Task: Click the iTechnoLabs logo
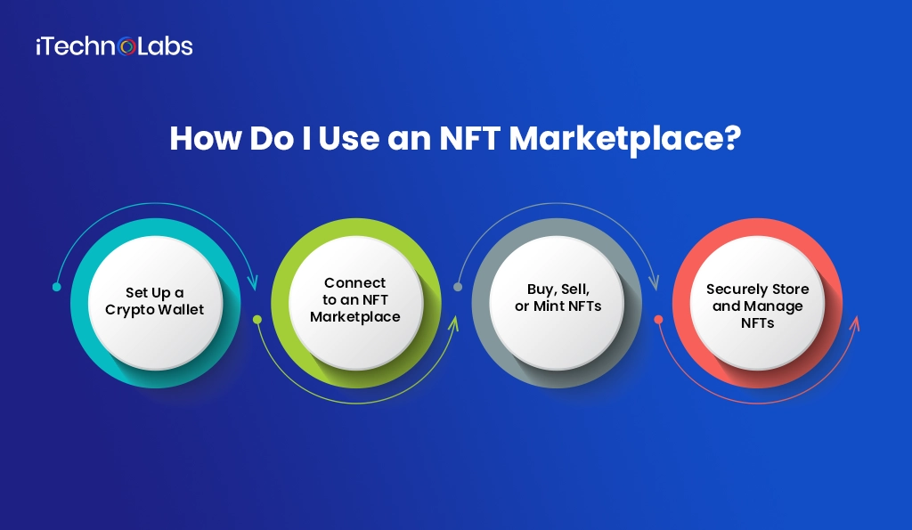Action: tap(114, 45)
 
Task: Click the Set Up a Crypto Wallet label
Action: tap(154, 301)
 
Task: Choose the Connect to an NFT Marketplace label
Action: tap(355, 299)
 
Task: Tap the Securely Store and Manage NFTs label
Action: tap(758, 306)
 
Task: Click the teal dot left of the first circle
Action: tap(56, 287)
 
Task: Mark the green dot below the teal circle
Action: tap(257, 319)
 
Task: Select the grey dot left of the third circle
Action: tap(458, 287)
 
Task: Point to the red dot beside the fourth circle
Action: tap(658, 319)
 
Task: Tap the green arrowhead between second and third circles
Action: tap(452, 321)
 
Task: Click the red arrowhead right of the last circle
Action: tap(854, 321)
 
